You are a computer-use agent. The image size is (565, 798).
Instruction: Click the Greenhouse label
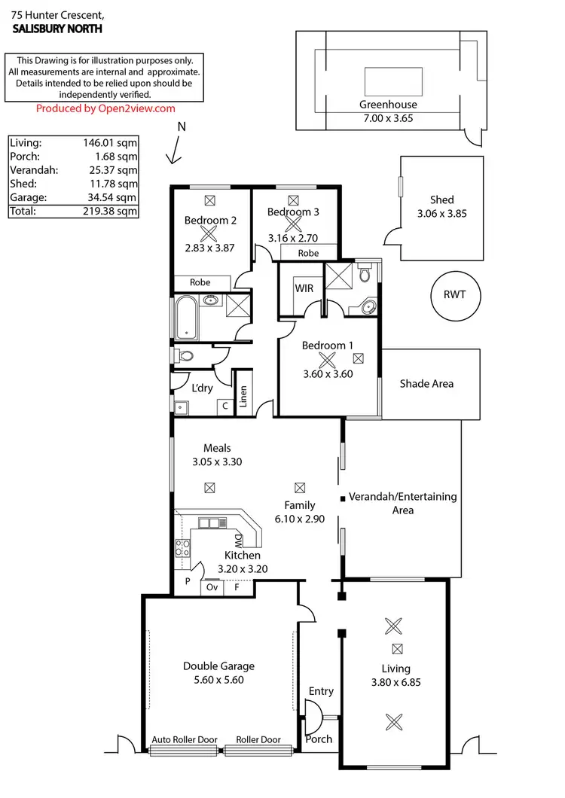coord(388,105)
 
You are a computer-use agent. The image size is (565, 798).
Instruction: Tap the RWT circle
coord(454,294)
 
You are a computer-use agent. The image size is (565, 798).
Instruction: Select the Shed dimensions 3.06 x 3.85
coord(442,213)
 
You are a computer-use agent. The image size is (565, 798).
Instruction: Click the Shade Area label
coord(426,383)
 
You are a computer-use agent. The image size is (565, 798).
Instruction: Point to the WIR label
coord(304,288)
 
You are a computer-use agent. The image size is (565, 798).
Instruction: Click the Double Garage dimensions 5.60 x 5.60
coord(218,679)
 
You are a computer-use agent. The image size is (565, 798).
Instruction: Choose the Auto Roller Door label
coord(184,739)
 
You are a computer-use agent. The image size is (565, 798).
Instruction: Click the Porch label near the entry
coord(319,739)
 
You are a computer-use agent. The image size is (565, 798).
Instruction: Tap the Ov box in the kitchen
coord(212,586)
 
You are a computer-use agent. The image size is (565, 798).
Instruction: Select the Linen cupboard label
coord(243,396)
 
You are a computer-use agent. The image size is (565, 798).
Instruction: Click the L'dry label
coord(202,388)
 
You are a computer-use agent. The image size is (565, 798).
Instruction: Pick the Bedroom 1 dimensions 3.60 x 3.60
coord(327,373)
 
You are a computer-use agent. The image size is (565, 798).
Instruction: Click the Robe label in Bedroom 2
coord(200,282)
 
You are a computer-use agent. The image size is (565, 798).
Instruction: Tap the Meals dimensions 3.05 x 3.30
coord(217,462)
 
